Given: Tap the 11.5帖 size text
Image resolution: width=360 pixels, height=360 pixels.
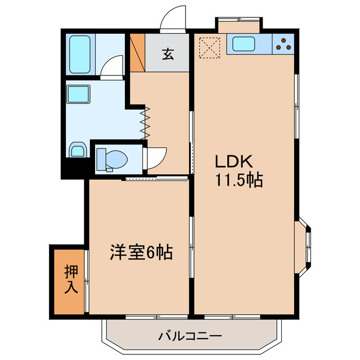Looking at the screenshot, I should click(x=238, y=181).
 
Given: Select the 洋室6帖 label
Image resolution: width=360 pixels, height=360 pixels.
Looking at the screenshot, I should click(x=140, y=252).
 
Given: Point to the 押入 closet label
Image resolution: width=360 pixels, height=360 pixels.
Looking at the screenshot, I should click(x=70, y=279).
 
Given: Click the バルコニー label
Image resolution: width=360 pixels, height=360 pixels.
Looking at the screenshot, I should click(x=190, y=336).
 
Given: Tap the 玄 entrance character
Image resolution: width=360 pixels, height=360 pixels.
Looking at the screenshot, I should click(x=168, y=54).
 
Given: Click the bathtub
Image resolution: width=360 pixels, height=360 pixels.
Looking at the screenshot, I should click(x=82, y=55).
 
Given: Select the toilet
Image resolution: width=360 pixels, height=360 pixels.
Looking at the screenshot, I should click(x=111, y=159).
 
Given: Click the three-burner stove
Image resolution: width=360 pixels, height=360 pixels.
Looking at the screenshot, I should click(x=283, y=44).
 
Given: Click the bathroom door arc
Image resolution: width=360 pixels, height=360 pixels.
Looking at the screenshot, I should click(x=114, y=67).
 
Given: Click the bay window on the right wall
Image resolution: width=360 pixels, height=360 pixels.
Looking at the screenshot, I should click(x=306, y=246).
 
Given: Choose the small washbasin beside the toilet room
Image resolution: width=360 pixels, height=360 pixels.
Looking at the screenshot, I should click(x=77, y=150).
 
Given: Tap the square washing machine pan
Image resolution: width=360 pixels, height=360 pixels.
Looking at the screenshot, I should click(x=79, y=94).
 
